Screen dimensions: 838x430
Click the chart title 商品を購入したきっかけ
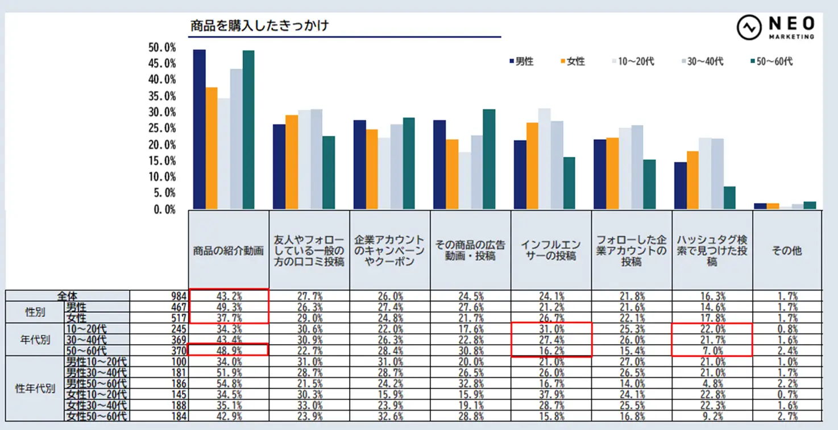tap(260, 26)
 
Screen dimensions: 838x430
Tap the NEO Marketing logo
tap(775, 27)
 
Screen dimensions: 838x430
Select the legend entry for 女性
tap(573, 61)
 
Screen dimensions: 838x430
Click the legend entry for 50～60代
tap(771, 61)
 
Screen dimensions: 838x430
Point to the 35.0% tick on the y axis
tap(162, 96)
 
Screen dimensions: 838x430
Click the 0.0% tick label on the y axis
tap(165, 209)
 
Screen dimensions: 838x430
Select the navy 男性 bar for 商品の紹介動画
tap(200, 129)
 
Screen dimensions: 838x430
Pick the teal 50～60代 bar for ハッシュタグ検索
tap(729, 197)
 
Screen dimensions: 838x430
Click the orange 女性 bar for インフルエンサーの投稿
tap(532, 166)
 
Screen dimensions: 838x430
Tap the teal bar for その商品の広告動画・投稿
tap(489, 159)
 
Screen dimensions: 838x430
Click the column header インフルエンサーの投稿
tap(551, 250)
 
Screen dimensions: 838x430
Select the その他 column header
tap(787, 250)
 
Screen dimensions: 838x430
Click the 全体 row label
tap(67, 296)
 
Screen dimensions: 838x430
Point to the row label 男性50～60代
tap(97, 383)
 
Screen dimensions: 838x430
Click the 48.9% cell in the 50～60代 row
tap(229, 351)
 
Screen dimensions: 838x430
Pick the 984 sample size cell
tap(179, 296)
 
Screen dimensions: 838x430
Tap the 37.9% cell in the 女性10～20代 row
tap(551, 394)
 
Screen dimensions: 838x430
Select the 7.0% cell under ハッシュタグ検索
tap(713, 351)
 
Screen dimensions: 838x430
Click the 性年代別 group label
tap(35, 389)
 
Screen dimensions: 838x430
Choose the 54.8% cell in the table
tap(229, 383)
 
